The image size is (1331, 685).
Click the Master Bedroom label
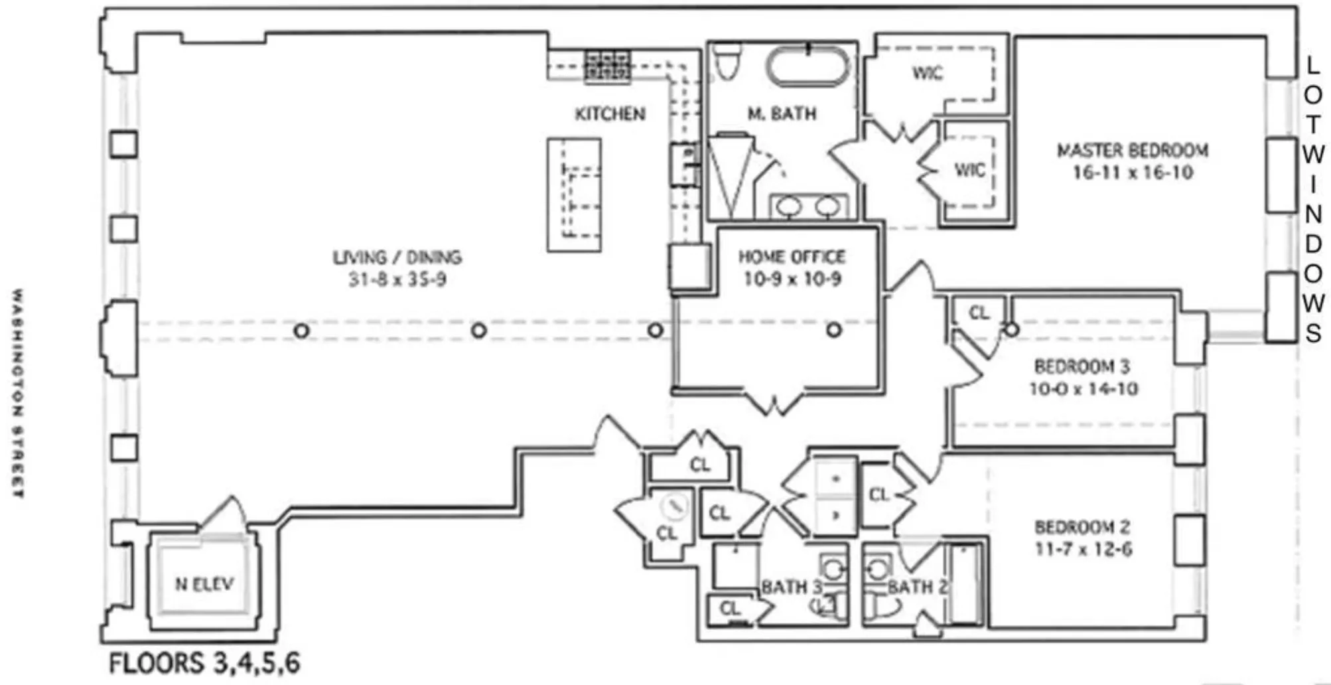click(x=1132, y=151)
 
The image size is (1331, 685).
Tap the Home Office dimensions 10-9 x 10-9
click(x=792, y=279)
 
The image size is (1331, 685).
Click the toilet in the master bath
click(x=728, y=60)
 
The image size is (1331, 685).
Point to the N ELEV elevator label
click(x=204, y=584)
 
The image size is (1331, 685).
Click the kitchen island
click(x=574, y=194)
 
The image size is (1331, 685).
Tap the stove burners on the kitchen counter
click(x=606, y=66)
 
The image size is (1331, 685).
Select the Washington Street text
click(x=18, y=393)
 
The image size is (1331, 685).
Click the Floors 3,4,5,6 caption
click(x=204, y=663)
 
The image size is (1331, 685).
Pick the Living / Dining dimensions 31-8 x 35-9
click(x=397, y=280)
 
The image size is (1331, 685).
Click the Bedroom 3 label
click(x=1082, y=366)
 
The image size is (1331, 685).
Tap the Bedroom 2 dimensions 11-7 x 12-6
click(x=1083, y=550)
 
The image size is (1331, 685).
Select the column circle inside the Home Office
click(x=834, y=330)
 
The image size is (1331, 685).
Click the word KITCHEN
click(x=610, y=114)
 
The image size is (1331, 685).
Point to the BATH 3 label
click(x=791, y=587)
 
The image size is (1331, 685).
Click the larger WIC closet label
click(x=927, y=73)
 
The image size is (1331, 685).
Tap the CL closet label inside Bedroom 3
click(x=979, y=313)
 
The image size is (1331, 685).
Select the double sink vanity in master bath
click(x=807, y=207)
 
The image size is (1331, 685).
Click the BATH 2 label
click(x=917, y=587)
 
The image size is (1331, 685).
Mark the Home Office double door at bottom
click(x=774, y=402)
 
